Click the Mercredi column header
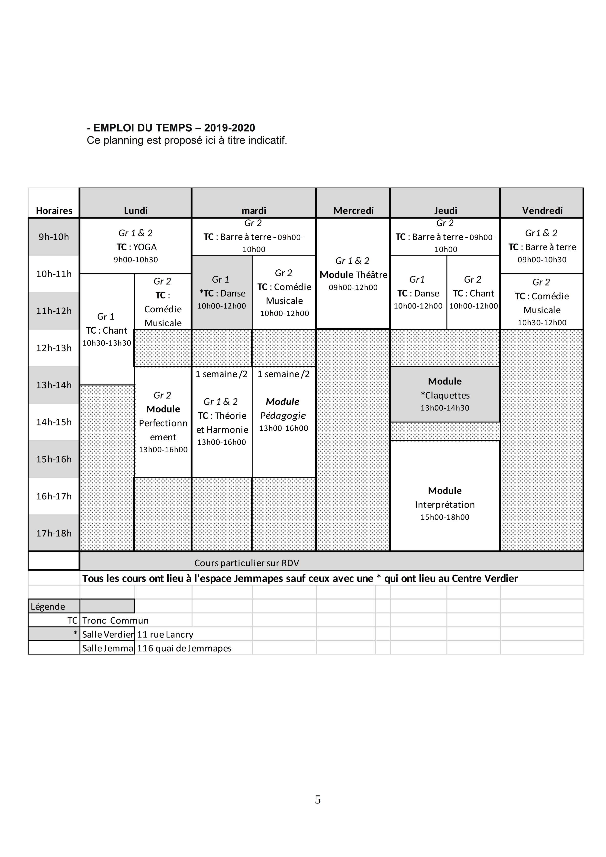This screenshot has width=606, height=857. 353,211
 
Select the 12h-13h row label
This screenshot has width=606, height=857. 54,348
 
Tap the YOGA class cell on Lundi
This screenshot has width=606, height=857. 136,246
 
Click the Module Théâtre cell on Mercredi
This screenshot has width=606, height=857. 353,274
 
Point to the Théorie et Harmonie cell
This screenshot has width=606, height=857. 222,422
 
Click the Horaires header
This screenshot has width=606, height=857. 54,211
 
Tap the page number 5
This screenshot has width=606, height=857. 318,800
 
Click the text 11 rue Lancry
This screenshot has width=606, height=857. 165,634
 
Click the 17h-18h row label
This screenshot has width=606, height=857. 54,533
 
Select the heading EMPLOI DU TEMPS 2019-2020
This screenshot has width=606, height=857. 171,128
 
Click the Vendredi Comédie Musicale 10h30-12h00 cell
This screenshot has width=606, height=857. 542,302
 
